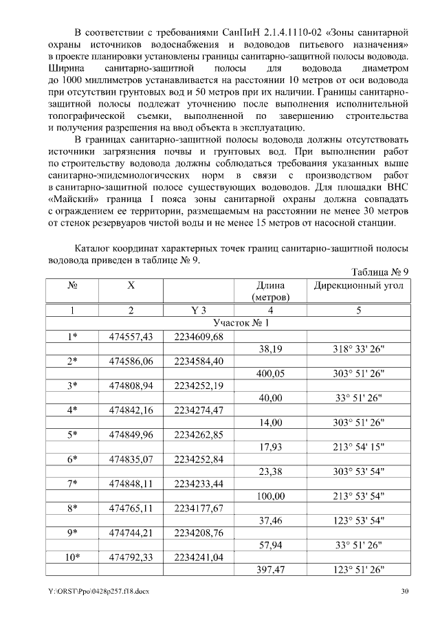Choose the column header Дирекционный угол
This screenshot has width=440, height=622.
(359, 285)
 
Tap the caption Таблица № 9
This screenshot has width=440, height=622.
(380, 272)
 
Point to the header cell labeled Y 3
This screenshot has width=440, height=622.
(198, 310)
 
